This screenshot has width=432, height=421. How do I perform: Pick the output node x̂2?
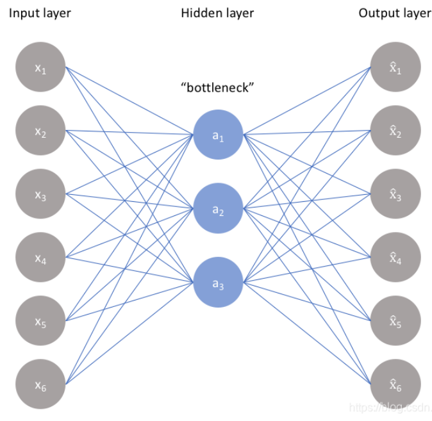(395, 131)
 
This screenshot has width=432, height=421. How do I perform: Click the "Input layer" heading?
(40, 13)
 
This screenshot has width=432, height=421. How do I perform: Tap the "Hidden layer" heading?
(217, 13)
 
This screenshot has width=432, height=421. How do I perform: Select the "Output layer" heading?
(394, 13)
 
